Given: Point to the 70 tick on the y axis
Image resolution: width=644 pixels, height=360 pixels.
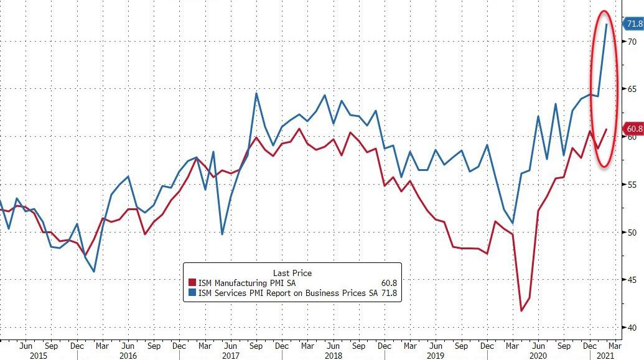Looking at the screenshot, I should [x=631, y=42].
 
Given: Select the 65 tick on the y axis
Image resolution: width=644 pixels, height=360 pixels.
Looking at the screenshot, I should [x=631, y=90].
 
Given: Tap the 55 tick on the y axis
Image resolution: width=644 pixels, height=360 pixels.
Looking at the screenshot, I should [x=631, y=185].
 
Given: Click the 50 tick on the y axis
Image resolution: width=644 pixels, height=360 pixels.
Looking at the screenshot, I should [x=631, y=233].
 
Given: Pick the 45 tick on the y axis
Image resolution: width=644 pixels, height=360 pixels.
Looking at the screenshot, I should [x=631, y=280].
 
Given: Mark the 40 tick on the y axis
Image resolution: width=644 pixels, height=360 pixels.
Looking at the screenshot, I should [x=631, y=328].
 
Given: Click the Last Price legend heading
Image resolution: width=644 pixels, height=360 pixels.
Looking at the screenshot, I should [x=292, y=273].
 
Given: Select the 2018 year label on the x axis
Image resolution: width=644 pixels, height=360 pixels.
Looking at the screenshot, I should [x=334, y=355].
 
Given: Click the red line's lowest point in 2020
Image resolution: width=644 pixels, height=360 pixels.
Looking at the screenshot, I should [x=521, y=310].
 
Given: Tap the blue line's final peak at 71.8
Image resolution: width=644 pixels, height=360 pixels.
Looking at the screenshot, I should [x=607, y=24].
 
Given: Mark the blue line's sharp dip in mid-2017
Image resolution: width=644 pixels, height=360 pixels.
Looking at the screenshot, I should [x=222, y=234].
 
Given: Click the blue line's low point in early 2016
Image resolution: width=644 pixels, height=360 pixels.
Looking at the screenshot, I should [x=94, y=271].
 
